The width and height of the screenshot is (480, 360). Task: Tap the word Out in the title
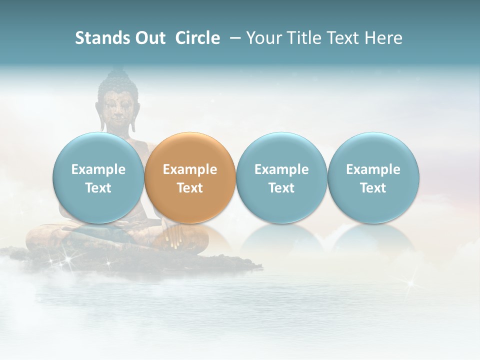click(x=149, y=38)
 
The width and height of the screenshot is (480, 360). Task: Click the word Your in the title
click(x=263, y=38)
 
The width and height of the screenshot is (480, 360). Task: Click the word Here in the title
click(x=383, y=38)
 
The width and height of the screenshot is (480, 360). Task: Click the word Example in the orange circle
click(x=190, y=169)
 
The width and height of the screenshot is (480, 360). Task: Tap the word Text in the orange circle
click(x=190, y=188)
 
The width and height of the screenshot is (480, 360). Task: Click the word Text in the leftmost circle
click(x=98, y=188)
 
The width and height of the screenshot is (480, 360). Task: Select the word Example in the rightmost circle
click(x=373, y=169)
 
